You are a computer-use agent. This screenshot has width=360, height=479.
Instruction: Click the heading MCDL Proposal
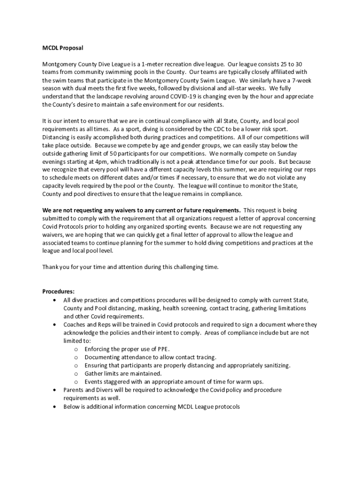click(x=63, y=48)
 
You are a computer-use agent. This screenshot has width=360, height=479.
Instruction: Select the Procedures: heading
click(x=58, y=291)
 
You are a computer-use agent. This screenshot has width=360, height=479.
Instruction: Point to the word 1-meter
click(x=146, y=64)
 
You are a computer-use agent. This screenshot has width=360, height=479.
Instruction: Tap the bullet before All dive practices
click(x=56, y=300)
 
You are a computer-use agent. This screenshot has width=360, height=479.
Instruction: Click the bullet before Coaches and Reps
click(x=56, y=324)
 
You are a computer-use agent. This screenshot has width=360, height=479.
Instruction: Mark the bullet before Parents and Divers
click(x=56, y=390)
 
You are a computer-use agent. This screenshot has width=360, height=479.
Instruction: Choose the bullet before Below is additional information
click(x=56, y=407)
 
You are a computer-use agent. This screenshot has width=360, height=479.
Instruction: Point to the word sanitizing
click(x=274, y=365)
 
